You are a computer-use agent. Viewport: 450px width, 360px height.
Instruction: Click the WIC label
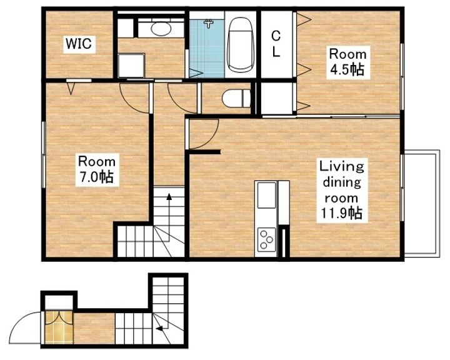[79, 44]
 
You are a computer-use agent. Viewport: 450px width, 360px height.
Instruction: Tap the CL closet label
[276, 44]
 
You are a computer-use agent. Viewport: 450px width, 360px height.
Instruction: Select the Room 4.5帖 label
[348, 62]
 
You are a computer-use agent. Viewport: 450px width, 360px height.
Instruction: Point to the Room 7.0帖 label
[97, 169]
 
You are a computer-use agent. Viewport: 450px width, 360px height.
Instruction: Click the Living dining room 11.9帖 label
[342, 190]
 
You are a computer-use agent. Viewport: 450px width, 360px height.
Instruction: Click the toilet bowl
[236, 98]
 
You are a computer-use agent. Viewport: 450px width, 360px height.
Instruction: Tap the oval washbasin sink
[161, 29]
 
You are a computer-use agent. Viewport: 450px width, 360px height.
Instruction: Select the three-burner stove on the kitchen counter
[267, 239]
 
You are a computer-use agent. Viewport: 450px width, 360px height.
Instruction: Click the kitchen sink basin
[267, 196]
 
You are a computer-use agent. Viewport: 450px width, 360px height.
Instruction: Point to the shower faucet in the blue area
[209, 23]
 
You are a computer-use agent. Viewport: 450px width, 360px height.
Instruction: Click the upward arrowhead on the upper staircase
[169, 197]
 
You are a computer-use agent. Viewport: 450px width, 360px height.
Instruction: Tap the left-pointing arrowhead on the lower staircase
[158, 328]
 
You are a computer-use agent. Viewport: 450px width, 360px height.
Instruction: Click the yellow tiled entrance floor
[59, 327]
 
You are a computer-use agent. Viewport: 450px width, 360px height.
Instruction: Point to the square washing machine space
[131, 66]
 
